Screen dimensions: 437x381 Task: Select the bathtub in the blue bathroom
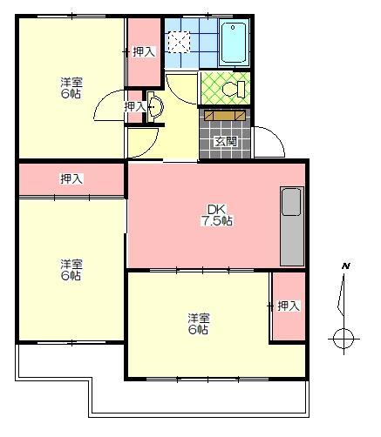(235, 42)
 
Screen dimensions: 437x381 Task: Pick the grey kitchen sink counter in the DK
(290, 225)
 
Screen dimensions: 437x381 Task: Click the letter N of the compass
(345, 265)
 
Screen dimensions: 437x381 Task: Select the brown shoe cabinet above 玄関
(224, 115)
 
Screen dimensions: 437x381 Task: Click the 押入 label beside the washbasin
(135, 106)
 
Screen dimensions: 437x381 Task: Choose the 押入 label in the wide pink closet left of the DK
(71, 178)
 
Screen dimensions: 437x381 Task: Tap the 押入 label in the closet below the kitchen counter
(288, 306)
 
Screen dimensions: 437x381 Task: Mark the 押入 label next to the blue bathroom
(144, 52)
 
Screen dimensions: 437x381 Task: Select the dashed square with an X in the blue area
(180, 41)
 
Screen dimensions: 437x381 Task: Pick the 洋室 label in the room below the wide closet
(71, 269)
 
